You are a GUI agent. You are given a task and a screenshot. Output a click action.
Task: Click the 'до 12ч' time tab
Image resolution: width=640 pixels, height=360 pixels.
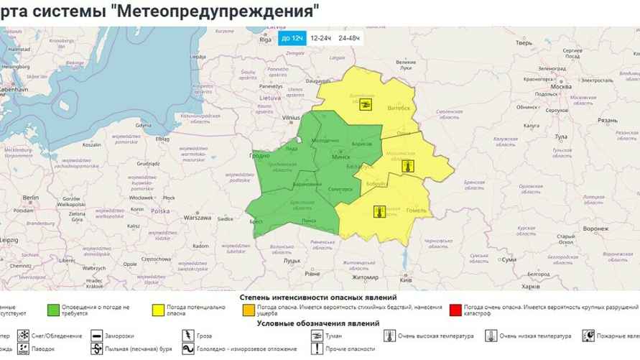(292, 38)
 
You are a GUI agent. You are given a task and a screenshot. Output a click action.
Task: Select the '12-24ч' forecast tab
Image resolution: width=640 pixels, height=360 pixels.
(320, 38)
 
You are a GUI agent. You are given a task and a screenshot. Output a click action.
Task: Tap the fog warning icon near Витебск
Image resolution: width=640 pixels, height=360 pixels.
(366, 104)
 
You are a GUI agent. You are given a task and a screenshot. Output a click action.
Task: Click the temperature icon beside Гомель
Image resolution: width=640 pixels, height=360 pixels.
(379, 211)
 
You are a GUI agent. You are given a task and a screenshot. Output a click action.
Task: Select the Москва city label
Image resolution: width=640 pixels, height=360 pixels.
(560, 86)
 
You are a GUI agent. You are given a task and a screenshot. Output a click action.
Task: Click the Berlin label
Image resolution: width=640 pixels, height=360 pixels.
(30, 197)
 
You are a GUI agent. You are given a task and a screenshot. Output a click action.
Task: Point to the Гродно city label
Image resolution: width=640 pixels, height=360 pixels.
(259, 154)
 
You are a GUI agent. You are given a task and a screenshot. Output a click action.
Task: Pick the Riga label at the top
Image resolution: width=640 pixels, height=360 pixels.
(265, 40)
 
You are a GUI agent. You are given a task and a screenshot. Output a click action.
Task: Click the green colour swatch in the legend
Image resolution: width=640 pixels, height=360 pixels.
(52, 310)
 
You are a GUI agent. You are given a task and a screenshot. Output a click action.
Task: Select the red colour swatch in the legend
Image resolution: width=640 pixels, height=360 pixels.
(454, 310)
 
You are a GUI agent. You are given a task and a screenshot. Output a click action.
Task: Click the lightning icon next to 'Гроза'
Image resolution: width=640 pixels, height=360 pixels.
(188, 336)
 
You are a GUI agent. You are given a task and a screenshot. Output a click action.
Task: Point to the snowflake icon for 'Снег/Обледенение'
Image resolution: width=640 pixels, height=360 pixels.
(23, 336)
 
